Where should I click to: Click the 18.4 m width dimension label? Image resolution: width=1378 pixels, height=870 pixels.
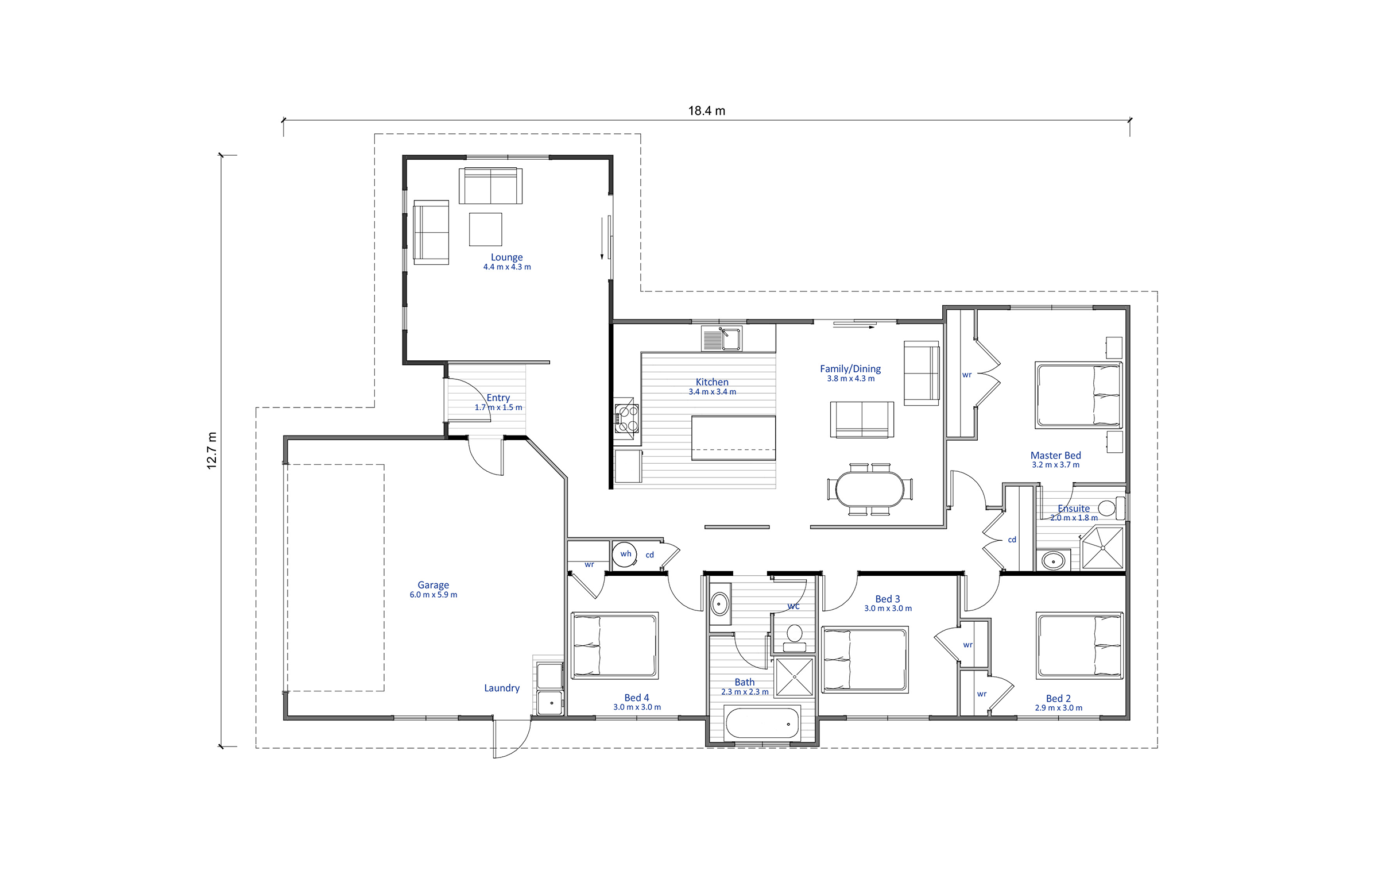tap(706, 111)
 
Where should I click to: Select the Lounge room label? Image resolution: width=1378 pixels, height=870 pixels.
tap(506, 257)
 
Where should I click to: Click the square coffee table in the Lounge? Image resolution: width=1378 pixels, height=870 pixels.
tap(485, 229)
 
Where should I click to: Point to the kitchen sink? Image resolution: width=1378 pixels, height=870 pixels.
tap(722, 338)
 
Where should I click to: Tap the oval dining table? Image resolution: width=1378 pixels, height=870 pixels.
tap(869, 489)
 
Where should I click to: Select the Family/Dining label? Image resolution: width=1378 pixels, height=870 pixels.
tap(850, 369)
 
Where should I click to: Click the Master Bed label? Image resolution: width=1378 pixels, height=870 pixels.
tap(1055, 455)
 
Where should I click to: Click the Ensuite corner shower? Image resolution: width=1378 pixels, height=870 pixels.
tap(1102, 548)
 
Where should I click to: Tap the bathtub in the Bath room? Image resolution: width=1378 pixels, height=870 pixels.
tap(762, 723)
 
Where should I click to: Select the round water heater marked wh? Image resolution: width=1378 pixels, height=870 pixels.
tap(625, 554)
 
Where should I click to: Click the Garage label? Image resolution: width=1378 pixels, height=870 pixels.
tap(433, 585)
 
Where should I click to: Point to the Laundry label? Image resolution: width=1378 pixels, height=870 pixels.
tap(501, 688)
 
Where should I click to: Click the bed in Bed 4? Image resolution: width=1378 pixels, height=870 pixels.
tap(614, 645)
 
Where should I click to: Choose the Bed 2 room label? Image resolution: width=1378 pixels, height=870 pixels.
tap(1058, 698)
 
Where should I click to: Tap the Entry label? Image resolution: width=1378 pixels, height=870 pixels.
tap(498, 398)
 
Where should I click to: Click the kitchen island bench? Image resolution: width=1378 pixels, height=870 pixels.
tap(733, 438)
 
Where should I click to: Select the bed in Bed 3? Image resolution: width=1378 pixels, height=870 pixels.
tap(865, 660)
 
